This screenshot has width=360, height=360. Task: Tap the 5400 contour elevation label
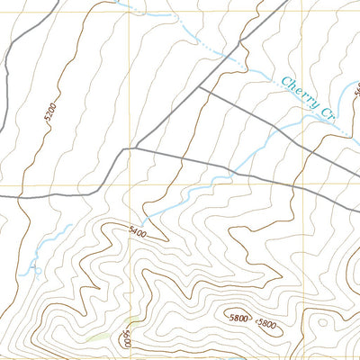(137, 230)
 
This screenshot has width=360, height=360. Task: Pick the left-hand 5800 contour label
(238, 318)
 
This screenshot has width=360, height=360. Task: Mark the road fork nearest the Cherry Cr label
(199, 87)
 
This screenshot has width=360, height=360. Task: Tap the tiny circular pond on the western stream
(37, 268)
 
